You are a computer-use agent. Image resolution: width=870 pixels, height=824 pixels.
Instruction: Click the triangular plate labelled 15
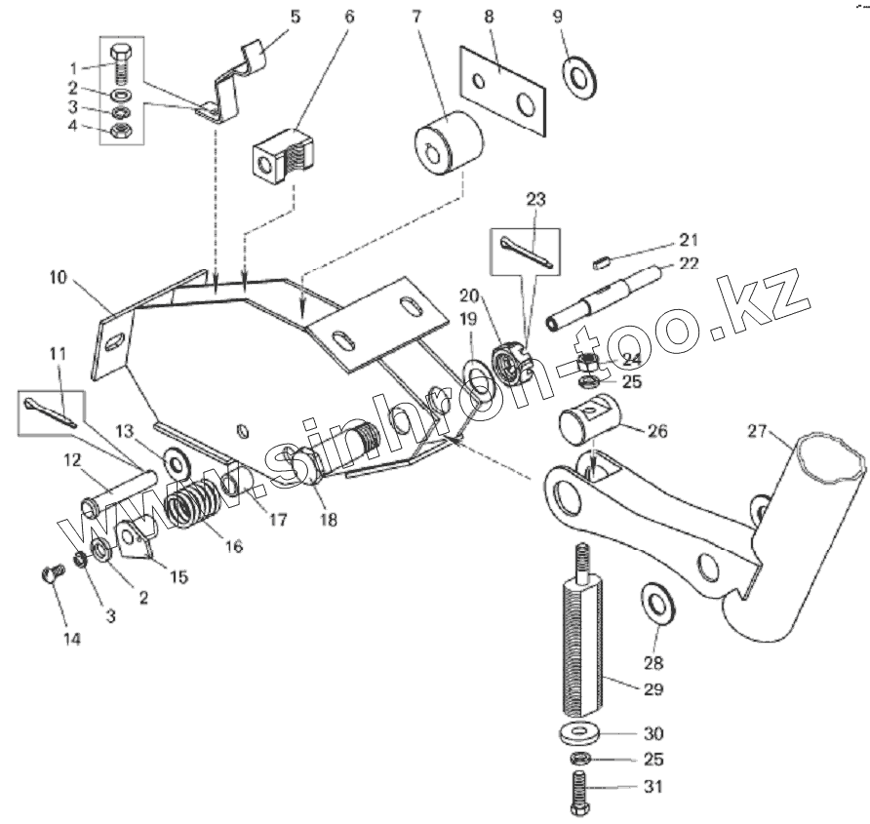pyautogui.click(x=138, y=538)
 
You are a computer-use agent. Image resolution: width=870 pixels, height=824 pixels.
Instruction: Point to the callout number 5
pyautogui.click(x=297, y=17)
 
